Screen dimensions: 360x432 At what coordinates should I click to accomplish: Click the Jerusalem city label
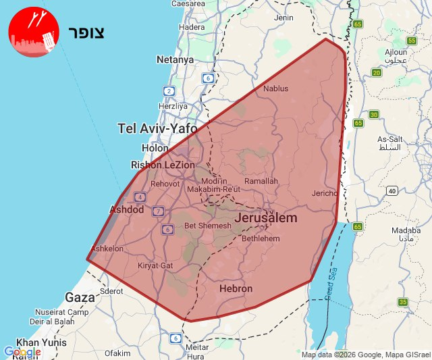click(266, 218)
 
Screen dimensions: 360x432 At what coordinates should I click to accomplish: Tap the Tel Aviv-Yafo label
click(157, 128)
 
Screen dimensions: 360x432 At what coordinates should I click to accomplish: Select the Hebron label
click(236, 288)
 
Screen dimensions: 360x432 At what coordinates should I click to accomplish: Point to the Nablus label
click(275, 88)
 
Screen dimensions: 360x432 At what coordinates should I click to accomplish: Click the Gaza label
click(80, 297)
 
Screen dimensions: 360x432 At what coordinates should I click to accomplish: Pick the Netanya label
click(175, 59)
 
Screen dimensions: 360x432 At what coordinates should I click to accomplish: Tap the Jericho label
click(325, 193)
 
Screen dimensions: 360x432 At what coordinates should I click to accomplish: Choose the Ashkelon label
click(107, 249)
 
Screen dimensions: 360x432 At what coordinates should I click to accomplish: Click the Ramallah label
click(261, 181)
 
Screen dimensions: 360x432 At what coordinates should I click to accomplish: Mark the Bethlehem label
click(260, 238)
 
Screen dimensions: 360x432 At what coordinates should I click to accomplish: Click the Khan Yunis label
click(42, 342)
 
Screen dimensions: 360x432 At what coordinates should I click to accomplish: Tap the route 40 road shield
click(392, 191)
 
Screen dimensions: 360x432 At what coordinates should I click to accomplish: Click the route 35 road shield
click(403, 302)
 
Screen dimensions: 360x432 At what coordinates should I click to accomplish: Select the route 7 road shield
click(158, 211)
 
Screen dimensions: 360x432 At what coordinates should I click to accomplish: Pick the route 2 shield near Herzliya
click(169, 91)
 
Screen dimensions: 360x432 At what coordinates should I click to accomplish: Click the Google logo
click(22, 352)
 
